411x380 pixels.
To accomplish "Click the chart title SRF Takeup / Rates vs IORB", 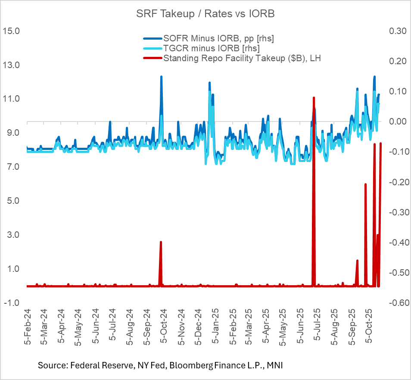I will (x=205, y=13).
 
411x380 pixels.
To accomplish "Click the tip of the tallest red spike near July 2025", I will (x=314, y=98).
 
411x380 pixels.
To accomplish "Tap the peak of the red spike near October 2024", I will (x=161, y=242).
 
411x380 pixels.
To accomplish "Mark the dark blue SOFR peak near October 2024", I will (x=161, y=77).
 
